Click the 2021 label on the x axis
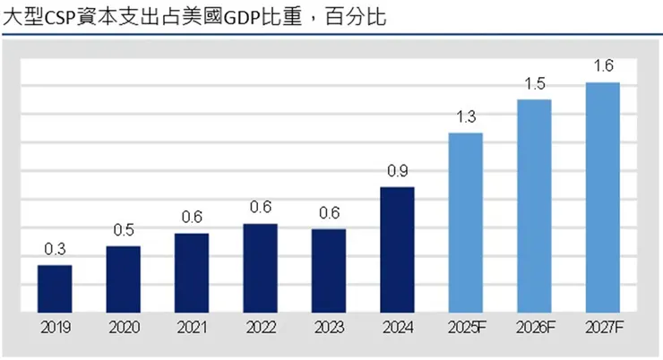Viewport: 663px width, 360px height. (192, 328)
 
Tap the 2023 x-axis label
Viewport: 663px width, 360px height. (329, 328)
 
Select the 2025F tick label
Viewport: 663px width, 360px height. (466, 328)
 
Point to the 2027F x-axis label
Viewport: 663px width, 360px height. (602, 328)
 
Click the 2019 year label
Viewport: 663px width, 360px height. (55, 328)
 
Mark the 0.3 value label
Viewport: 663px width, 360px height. (55, 249)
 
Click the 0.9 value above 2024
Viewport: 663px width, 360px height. (397, 170)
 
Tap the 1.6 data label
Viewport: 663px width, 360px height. (602, 65)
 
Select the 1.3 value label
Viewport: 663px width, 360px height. (466, 116)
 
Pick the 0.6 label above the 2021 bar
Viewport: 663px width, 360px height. (192, 217)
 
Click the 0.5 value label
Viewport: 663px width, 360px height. (124, 229)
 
